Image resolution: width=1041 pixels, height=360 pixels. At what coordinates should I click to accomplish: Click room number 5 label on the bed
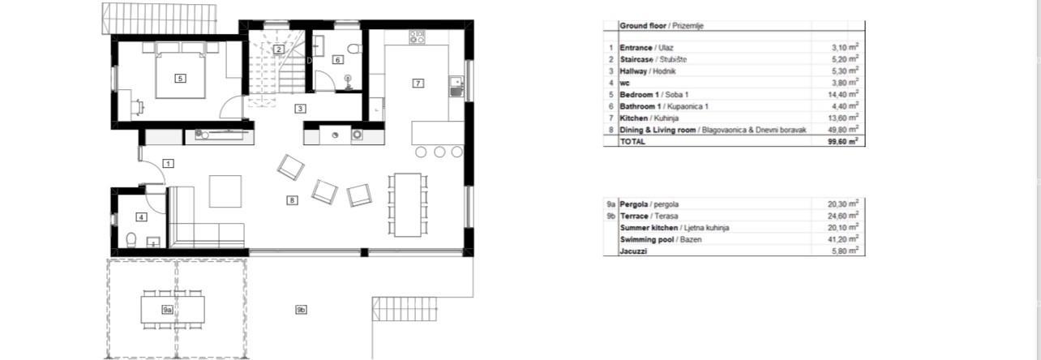pyautogui.click(x=180, y=79)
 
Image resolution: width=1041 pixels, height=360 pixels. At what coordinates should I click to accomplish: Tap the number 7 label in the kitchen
pyautogui.click(x=418, y=84)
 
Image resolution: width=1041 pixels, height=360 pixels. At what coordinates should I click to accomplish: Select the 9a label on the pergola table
pyautogui.click(x=167, y=310)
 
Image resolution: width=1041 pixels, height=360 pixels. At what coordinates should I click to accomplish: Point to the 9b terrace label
pyautogui.click(x=301, y=310)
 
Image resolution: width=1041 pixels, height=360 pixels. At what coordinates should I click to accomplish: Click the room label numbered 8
pyautogui.click(x=292, y=200)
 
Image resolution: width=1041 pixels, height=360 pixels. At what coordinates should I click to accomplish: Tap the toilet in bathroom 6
pyautogui.click(x=354, y=49)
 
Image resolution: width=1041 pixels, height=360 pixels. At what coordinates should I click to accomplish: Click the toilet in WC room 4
pyautogui.click(x=131, y=240)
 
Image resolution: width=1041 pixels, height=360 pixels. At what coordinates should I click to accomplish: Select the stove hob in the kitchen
pyautogui.click(x=417, y=36)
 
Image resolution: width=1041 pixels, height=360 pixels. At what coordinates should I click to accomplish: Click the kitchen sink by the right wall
pyautogui.click(x=456, y=87)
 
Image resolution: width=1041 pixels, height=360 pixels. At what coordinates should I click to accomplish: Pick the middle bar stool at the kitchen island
pyautogui.click(x=439, y=152)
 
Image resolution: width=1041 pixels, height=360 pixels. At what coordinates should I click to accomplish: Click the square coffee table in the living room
pyautogui.click(x=225, y=191)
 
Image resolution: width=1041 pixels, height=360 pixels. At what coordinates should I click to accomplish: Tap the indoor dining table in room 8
pyautogui.click(x=408, y=205)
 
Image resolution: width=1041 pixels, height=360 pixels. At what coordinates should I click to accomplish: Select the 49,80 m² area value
pyautogui.click(x=843, y=130)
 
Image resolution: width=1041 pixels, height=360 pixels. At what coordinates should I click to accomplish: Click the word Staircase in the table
pyautogui.click(x=636, y=59)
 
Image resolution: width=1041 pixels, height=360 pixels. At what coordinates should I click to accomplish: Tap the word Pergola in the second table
pyautogui.click(x=634, y=204)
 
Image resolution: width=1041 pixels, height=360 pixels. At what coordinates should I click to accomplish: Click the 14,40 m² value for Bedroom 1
pyautogui.click(x=843, y=94)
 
